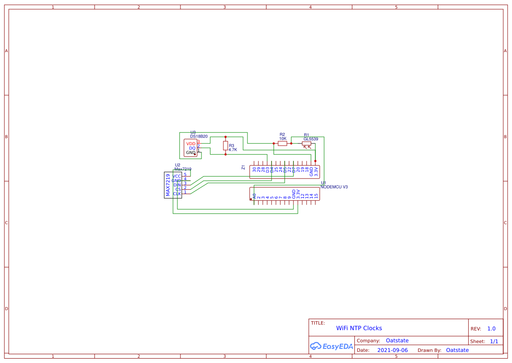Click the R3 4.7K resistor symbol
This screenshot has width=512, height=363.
tap(226, 146)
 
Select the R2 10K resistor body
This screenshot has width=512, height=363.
tap(282, 143)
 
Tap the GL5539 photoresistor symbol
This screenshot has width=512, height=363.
tap(307, 143)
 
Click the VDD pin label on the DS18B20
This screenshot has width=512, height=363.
tap(191, 144)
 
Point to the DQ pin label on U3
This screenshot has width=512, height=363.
tap(192, 148)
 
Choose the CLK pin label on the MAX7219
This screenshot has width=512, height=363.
tap(177, 194)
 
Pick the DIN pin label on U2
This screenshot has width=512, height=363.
tap(177, 185)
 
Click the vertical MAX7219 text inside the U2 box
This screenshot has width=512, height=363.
tap(168, 185)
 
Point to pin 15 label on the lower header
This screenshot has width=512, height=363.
tap(316, 196)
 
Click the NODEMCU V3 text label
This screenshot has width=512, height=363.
tap(334, 187)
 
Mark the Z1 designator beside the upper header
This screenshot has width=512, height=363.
tap(244, 167)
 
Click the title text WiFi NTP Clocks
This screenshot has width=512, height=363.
tap(359, 328)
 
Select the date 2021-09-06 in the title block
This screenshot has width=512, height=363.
tap(392, 350)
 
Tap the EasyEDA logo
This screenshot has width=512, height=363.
tap(332, 346)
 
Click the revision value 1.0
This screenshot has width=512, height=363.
tap(491, 329)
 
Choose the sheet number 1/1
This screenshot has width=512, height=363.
tap(494, 341)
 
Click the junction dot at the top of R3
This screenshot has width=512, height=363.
tap(226, 136)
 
